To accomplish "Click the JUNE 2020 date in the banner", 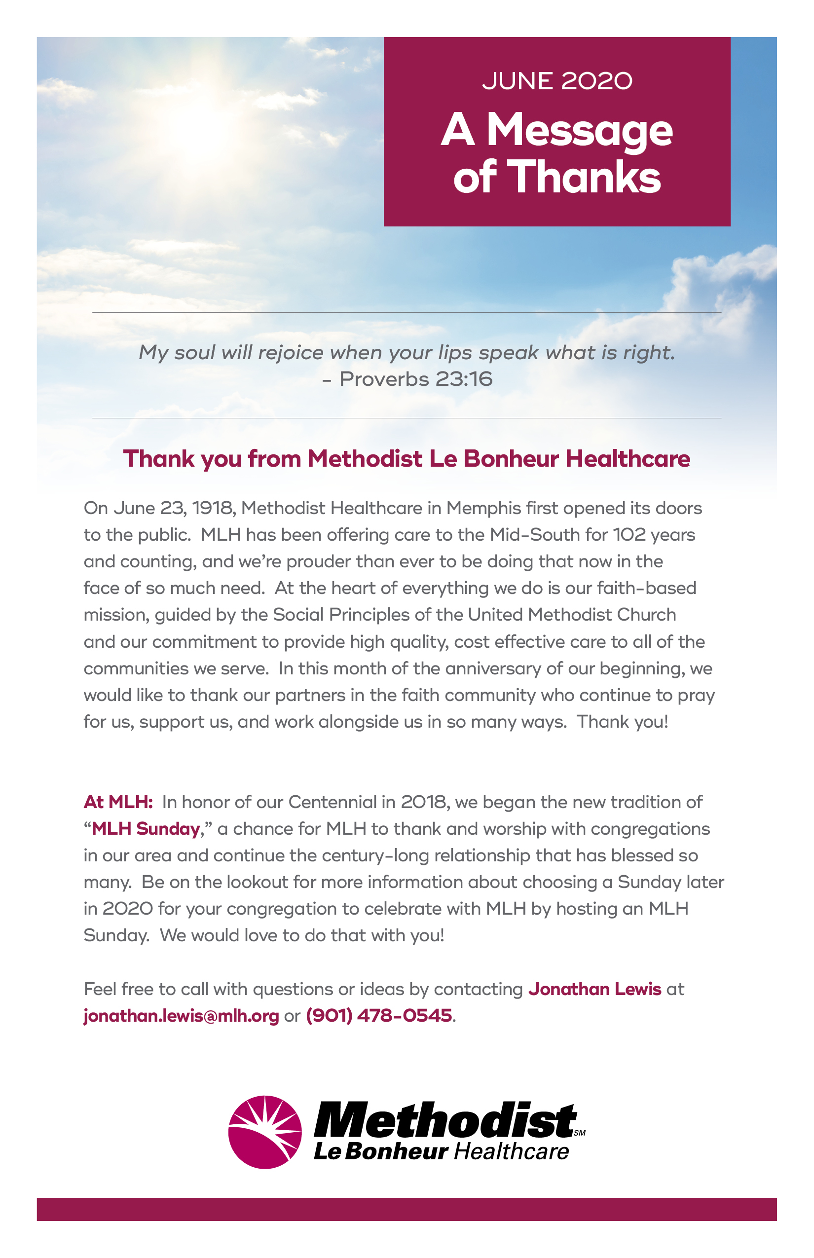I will tap(556, 81).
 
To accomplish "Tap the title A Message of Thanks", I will tap(556, 153).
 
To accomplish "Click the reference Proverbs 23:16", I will tap(415, 379).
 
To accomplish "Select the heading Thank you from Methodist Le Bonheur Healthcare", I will tap(407, 458).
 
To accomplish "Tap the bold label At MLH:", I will tap(118, 802).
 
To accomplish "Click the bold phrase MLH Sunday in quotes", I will tap(146, 828).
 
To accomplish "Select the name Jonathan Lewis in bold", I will tap(594, 989).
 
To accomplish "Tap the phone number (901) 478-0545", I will tap(379, 1015).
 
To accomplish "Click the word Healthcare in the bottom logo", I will tap(512, 1151).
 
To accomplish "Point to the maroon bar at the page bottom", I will tap(407, 1209).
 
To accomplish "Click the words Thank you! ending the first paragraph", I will tap(622, 721).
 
